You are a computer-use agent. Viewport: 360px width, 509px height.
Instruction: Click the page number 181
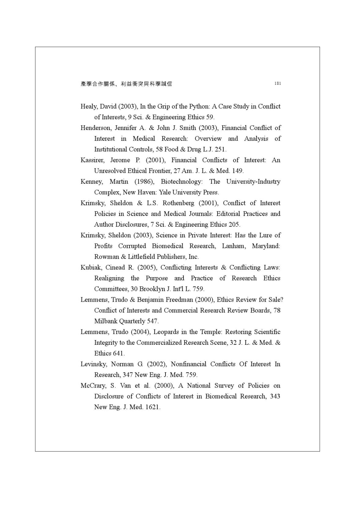pyautogui.click(x=277, y=83)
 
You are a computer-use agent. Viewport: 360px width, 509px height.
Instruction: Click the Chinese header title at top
pyautogui.click(x=126, y=84)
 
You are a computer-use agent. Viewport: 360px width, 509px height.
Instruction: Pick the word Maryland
pyautogui.click(x=265, y=246)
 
